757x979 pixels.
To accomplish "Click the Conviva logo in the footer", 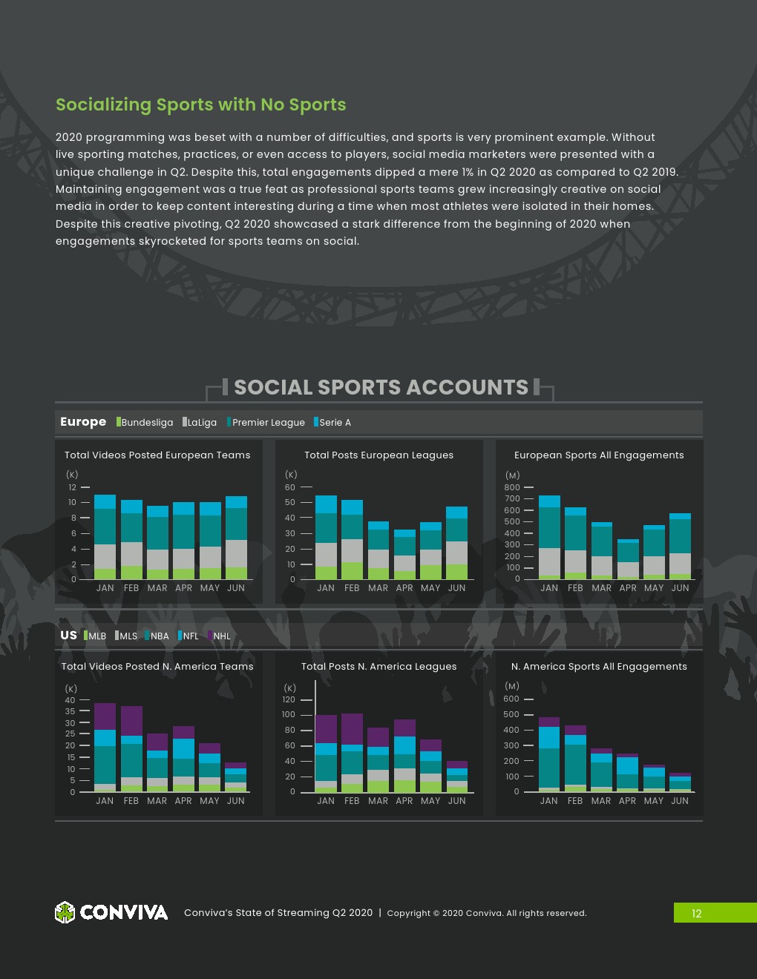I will pos(111,912).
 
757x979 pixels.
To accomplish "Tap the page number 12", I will pos(696,913).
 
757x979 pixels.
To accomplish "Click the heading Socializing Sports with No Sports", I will pos(201,105).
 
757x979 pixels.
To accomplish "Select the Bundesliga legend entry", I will pos(145,422).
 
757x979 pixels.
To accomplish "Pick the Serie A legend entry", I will pos(333,422).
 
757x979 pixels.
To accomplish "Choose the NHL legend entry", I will pos(220,636).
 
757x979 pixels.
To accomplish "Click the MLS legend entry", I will pos(127,636).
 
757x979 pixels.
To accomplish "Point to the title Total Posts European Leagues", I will pos(378,455).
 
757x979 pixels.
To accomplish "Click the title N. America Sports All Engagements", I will pos(599,666).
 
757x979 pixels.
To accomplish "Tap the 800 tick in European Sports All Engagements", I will pos(512,487).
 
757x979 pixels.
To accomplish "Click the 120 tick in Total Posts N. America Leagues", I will pos(288,699).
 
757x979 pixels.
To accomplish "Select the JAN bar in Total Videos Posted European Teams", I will pos(105,537).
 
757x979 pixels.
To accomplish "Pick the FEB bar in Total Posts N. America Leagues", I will pos(352,753).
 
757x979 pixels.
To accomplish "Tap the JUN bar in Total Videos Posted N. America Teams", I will pos(235,778).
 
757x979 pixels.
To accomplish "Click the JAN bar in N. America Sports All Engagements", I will pos(549,755).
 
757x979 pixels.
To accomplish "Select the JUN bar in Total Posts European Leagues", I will pos(456,543).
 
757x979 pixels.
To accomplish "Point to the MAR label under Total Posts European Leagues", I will pos(378,588).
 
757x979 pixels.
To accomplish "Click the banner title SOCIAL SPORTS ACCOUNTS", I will pos(381,387).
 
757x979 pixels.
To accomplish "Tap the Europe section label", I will pos(83,421).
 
